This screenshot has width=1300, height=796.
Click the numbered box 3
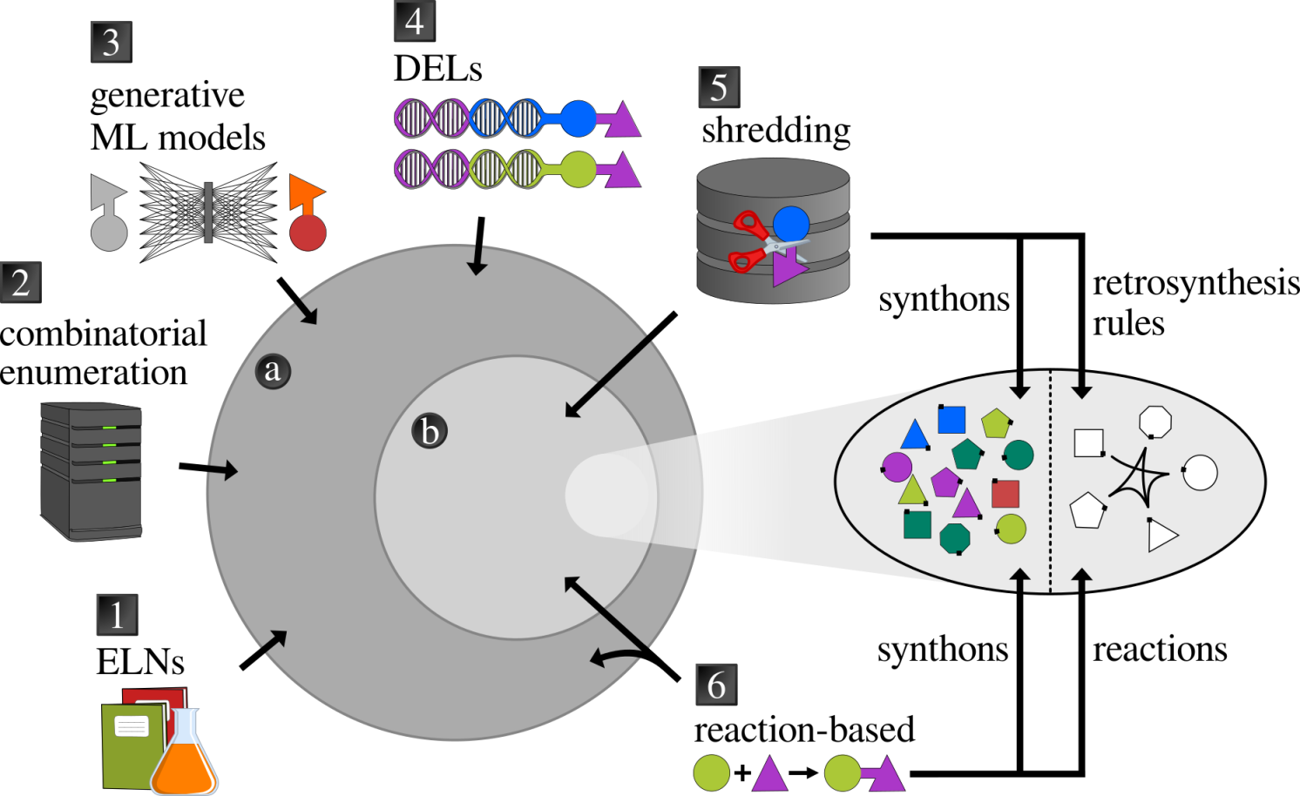[111, 42]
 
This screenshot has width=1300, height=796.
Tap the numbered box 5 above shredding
[719, 87]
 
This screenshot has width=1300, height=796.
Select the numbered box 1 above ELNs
[117, 615]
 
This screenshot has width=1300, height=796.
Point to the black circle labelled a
[273, 370]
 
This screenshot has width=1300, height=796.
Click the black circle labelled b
[430, 431]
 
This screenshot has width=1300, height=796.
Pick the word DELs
[437, 69]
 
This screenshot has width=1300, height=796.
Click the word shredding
[775, 131]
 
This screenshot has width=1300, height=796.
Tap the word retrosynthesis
[1195, 283]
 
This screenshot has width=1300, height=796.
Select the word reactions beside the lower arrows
[1160, 650]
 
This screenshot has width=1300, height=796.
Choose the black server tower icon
[91, 470]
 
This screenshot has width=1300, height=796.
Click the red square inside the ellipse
[1005, 494]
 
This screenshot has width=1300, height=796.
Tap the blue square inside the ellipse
[951, 420]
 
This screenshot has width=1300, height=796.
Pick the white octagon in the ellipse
[1155, 422]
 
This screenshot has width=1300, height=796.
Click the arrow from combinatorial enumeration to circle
[207, 470]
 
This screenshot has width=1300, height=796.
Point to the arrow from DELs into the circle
[477, 246]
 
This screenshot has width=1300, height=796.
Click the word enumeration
[93, 373]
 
